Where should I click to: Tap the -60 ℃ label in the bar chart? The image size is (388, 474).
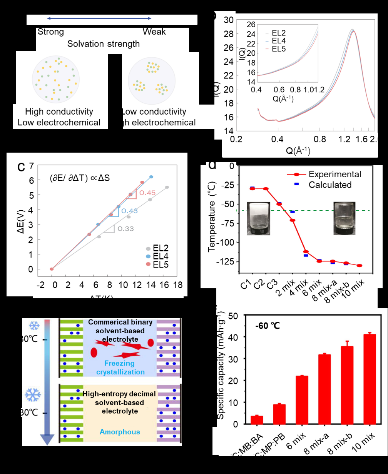(268, 326)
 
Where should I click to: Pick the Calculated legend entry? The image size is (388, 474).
(330, 185)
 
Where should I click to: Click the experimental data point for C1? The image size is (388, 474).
(252, 189)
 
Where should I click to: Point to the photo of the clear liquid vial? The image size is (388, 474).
(344, 218)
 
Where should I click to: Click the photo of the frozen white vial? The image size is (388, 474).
(258, 218)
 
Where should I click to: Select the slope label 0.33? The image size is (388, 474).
(125, 229)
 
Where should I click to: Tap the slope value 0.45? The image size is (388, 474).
(147, 193)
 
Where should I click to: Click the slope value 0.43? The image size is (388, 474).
(129, 211)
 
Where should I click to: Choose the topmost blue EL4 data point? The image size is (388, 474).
(151, 177)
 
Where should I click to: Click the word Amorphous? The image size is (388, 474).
(120, 432)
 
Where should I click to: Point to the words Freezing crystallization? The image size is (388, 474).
(120, 368)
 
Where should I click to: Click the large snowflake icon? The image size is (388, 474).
(33, 395)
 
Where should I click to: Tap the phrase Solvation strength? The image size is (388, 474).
(103, 44)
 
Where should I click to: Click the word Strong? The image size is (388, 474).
(50, 32)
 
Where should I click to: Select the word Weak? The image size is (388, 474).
(154, 32)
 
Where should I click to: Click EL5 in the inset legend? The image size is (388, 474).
(279, 49)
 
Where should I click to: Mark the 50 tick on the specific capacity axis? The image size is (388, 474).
(233, 316)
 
